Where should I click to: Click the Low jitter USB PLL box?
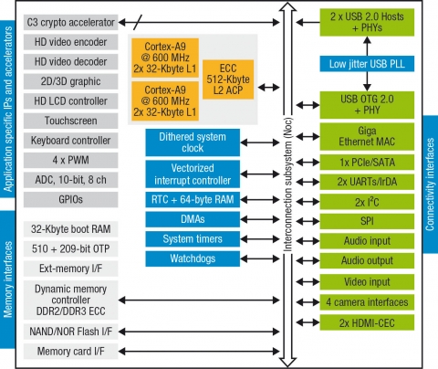coord(368,66)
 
